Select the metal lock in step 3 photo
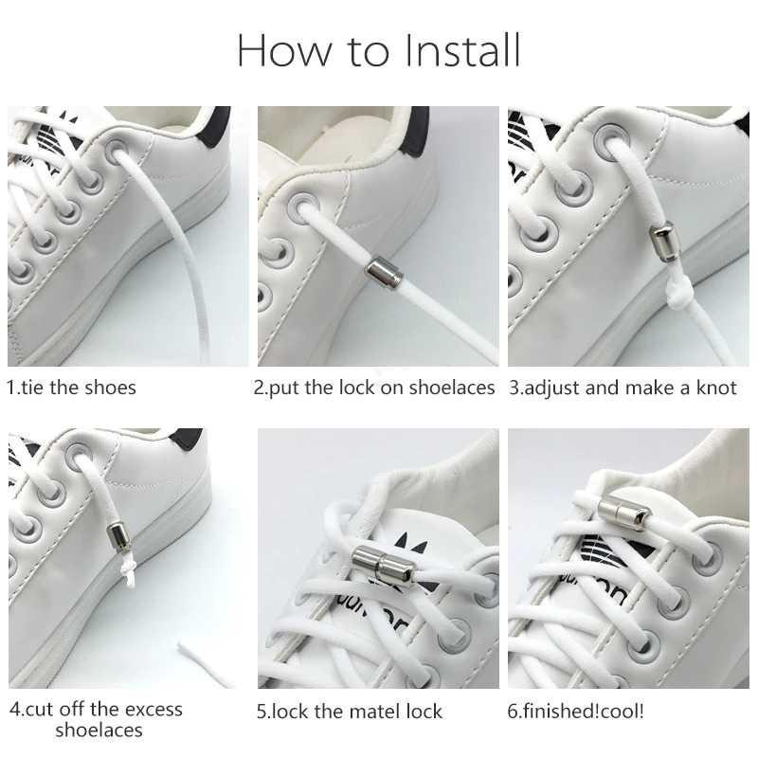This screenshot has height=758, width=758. [x=662, y=242]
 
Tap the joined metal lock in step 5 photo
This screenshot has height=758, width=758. [x=379, y=567]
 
